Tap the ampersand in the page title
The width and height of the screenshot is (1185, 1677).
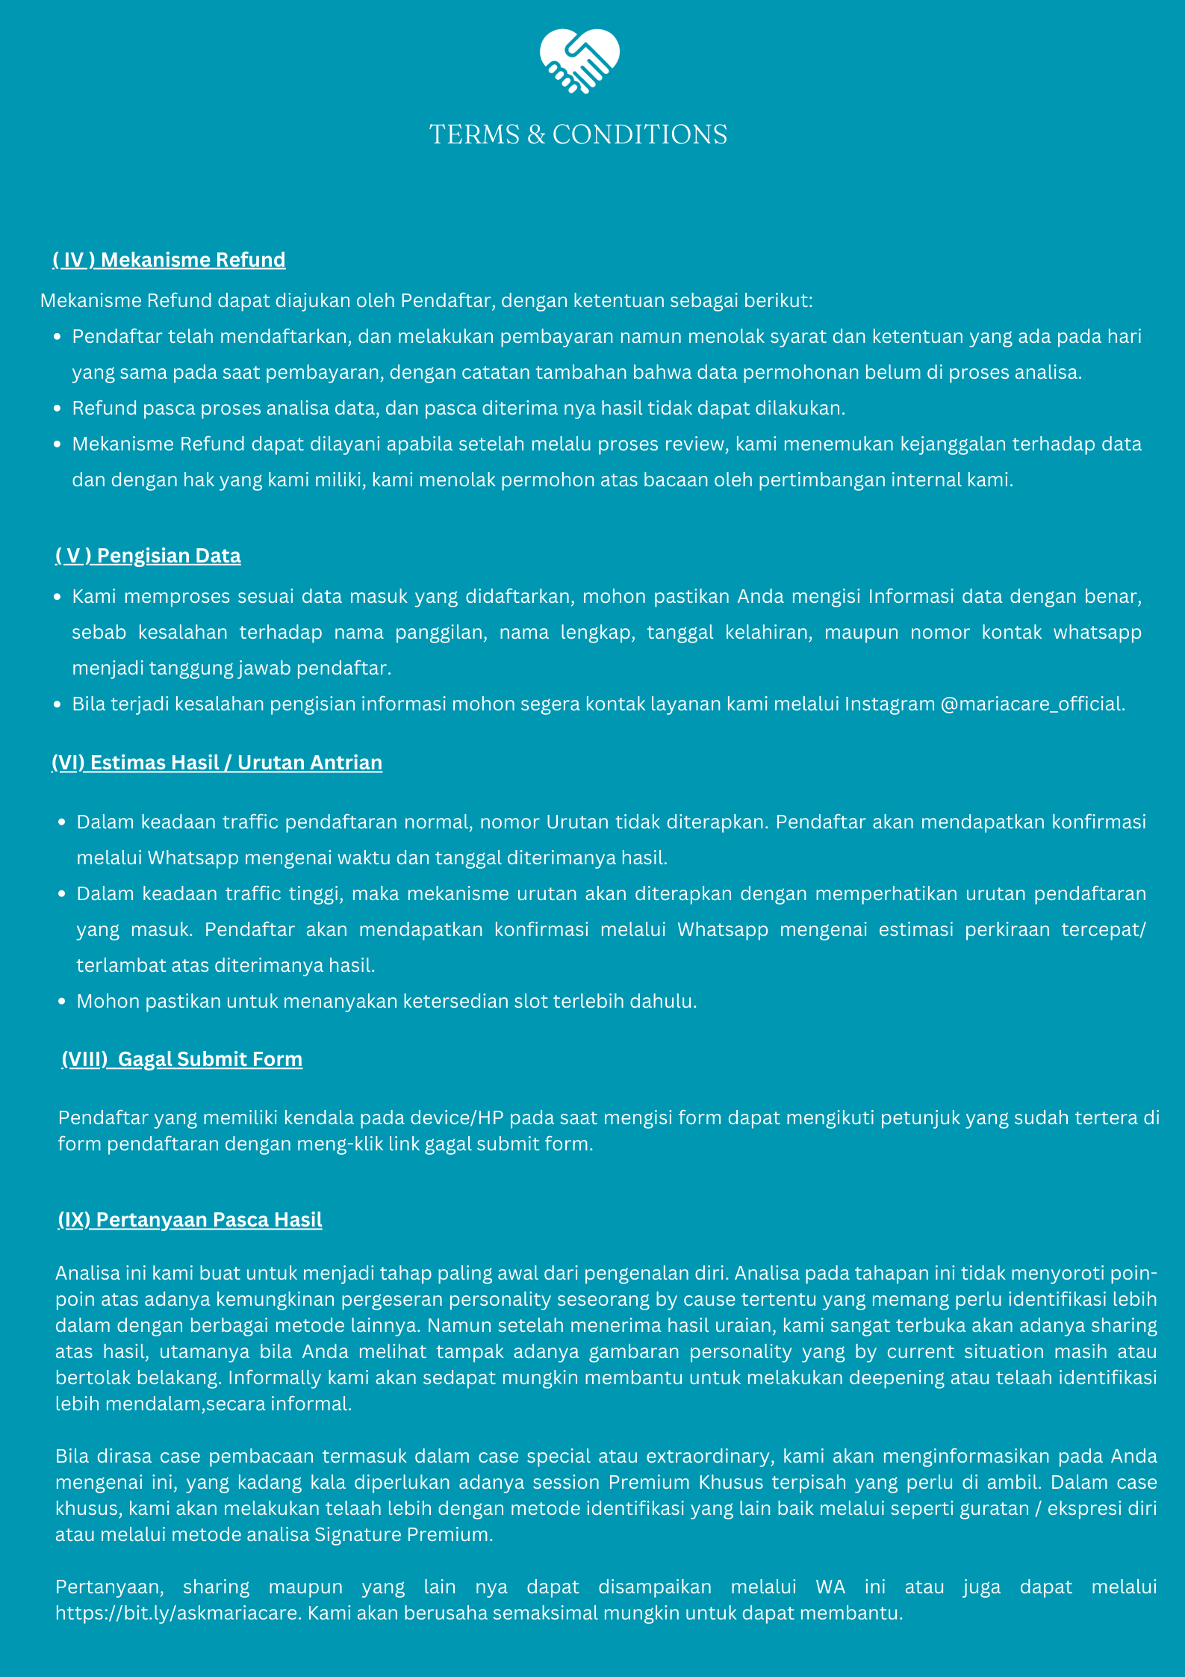pyautogui.click(x=536, y=135)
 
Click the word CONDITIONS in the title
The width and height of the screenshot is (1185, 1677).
pyautogui.click(x=640, y=135)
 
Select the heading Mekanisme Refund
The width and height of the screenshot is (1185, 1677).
pyautogui.click(x=169, y=260)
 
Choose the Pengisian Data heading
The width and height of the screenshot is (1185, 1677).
pyautogui.click(x=148, y=556)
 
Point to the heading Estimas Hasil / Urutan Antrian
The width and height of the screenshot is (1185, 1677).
pyautogui.click(x=217, y=763)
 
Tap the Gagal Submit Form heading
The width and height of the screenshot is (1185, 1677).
pyautogui.click(x=182, y=1059)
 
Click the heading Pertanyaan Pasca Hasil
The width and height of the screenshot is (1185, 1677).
pyautogui.click(x=190, y=1220)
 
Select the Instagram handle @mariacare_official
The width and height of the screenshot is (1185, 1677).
pyautogui.click(x=1031, y=704)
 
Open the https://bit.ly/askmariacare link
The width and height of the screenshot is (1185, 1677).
pyautogui.click(x=177, y=1614)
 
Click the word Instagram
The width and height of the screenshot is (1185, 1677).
pyautogui.click(x=889, y=704)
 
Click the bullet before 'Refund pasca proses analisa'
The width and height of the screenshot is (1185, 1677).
pyautogui.click(x=57, y=409)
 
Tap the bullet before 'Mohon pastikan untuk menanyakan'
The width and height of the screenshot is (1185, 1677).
pyautogui.click(x=62, y=1002)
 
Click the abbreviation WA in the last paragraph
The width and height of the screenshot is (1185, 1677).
pyautogui.click(x=830, y=1587)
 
